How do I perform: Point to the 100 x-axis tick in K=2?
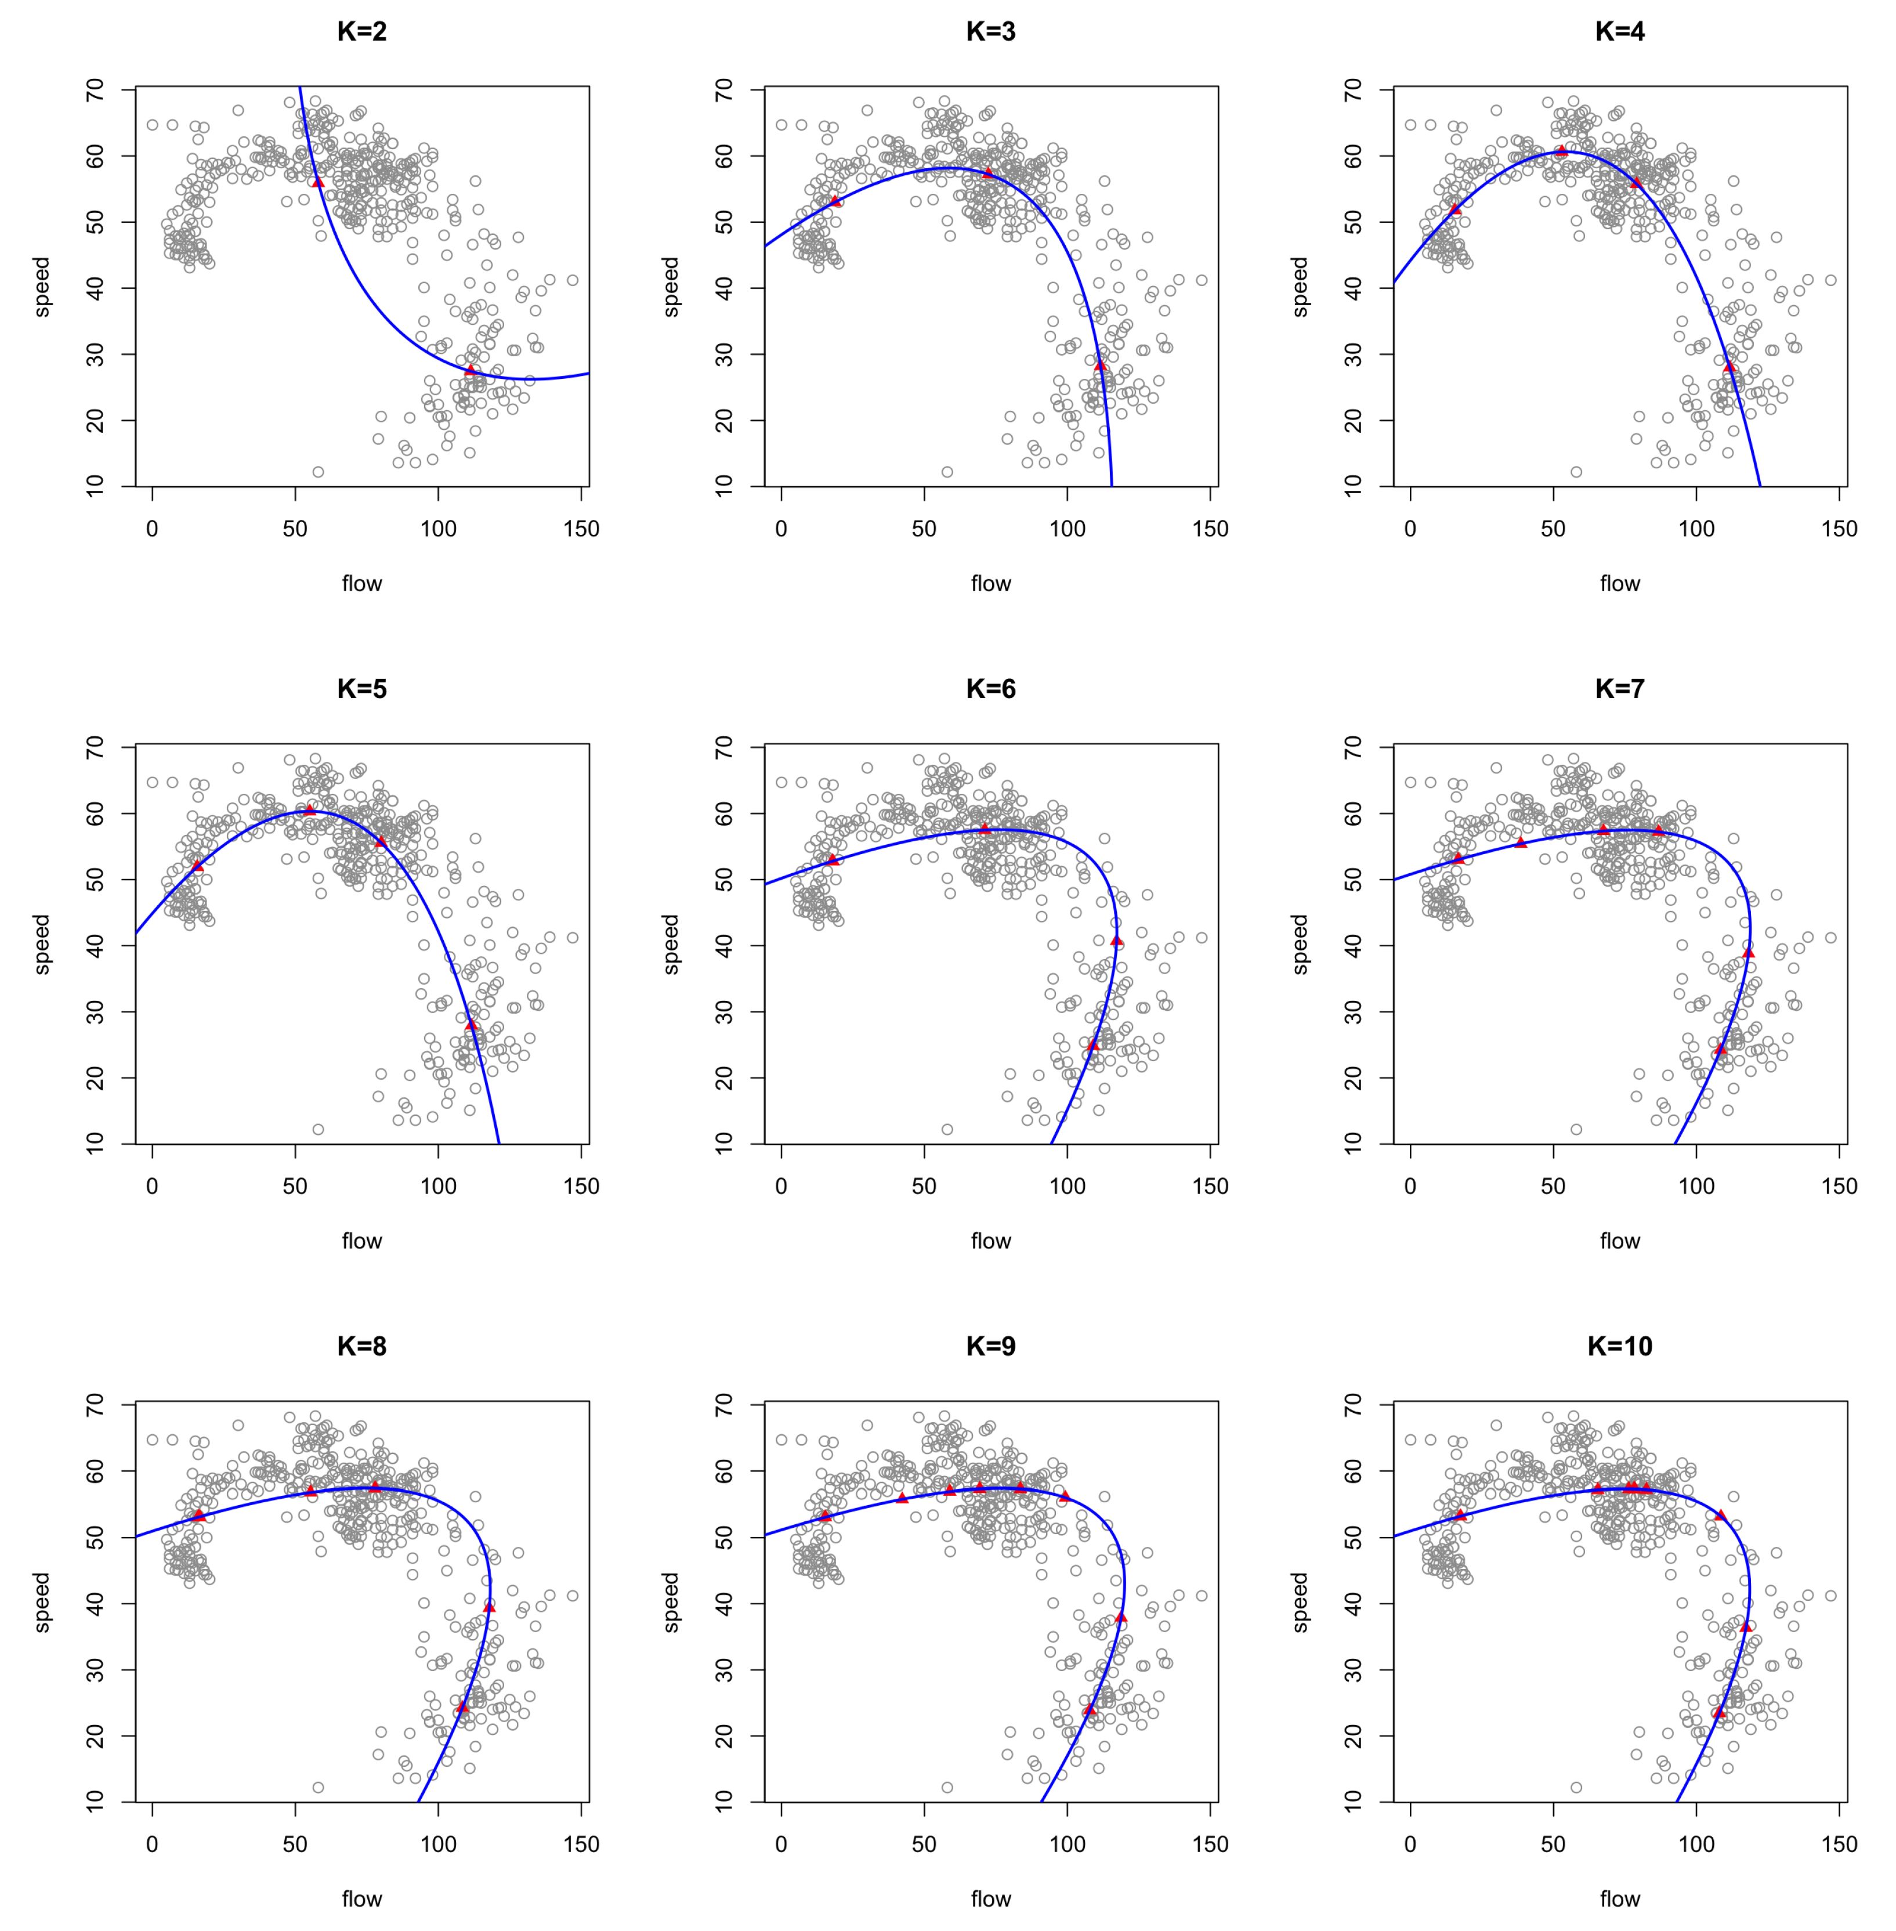pyautogui.click(x=438, y=529)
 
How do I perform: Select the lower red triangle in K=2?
pyautogui.click(x=470, y=370)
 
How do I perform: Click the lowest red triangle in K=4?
pyautogui.click(x=1729, y=367)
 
